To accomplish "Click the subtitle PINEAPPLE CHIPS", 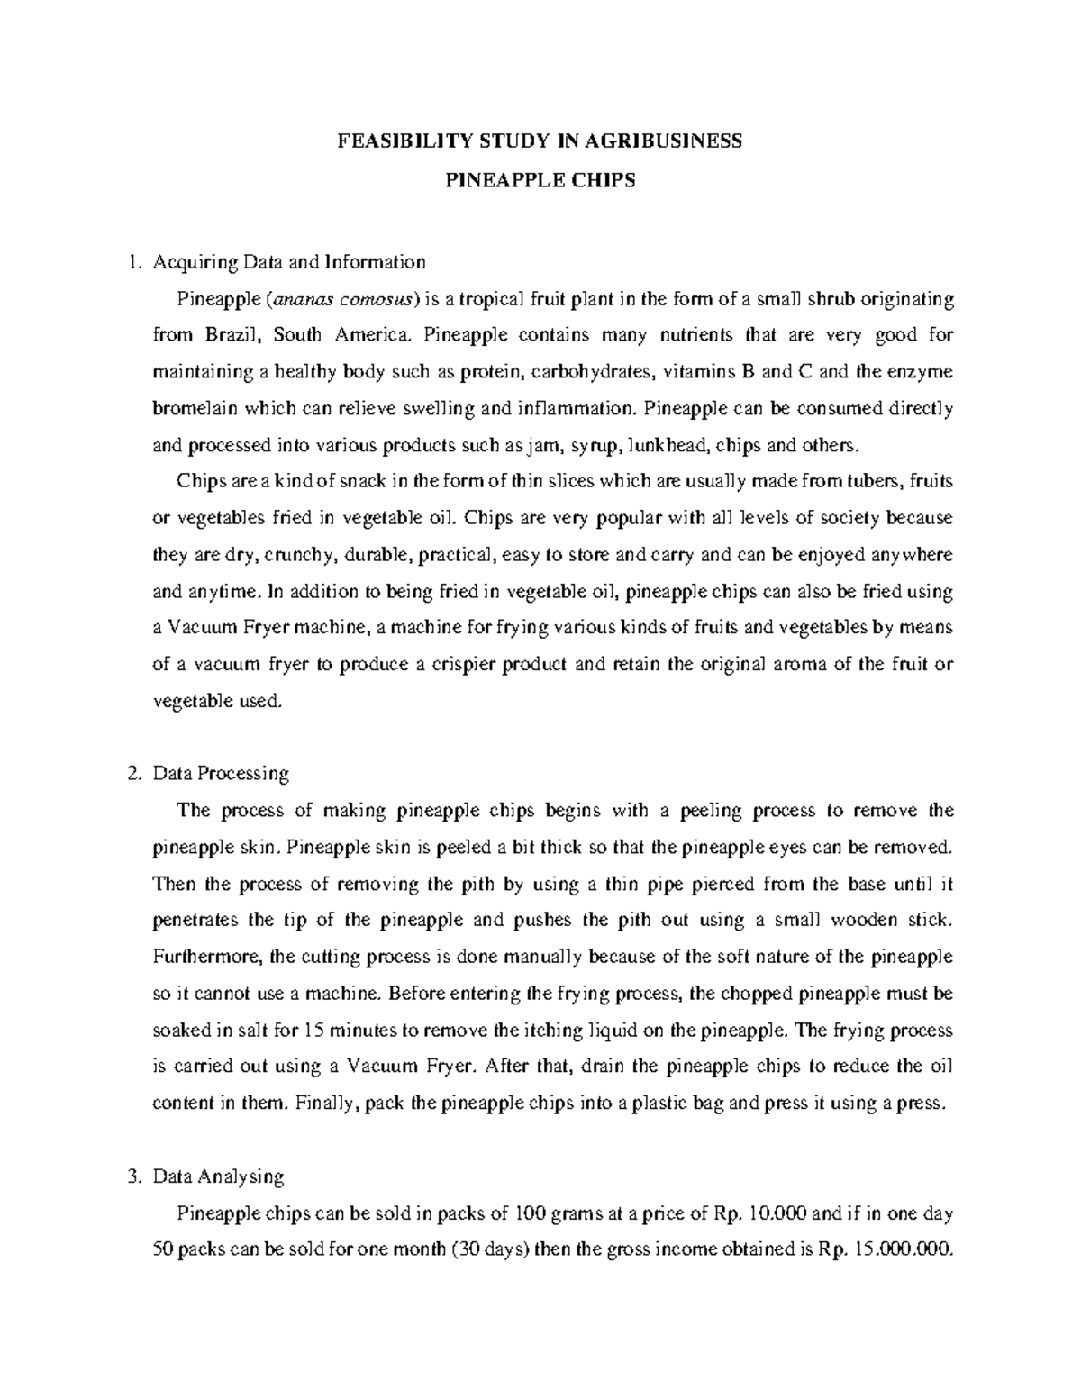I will (x=540, y=179).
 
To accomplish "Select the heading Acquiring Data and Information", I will (x=289, y=262).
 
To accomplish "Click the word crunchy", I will (x=299, y=555).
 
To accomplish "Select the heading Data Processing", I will (x=221, y=773).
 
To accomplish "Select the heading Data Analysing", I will (x=219, y=1176).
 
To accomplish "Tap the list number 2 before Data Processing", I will (x=133, y=773).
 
